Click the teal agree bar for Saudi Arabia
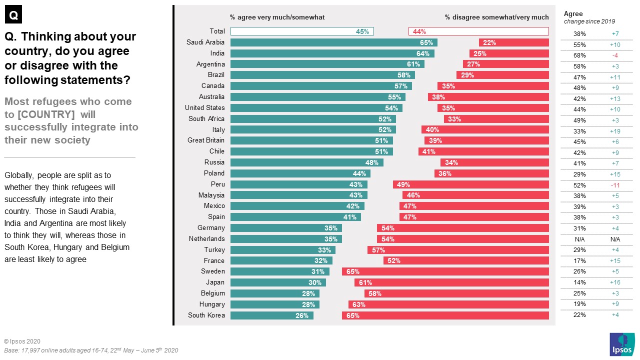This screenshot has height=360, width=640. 333,42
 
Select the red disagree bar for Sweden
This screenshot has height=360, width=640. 445,271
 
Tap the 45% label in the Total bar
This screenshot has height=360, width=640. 362,31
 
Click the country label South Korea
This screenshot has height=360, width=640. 206,315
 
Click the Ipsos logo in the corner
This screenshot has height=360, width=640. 622,344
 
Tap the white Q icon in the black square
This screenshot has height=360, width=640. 13,15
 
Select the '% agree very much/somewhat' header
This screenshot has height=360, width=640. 277,17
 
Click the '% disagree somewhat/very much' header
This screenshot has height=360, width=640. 496,17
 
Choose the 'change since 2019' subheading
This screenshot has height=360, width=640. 589,21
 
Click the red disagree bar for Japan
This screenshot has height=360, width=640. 451,282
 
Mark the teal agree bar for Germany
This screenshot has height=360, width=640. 286,228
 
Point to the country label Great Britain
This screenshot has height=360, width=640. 205,140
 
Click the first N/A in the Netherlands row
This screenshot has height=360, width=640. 579,239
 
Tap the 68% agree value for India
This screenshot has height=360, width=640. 579,55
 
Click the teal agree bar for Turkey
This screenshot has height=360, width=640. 282,250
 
